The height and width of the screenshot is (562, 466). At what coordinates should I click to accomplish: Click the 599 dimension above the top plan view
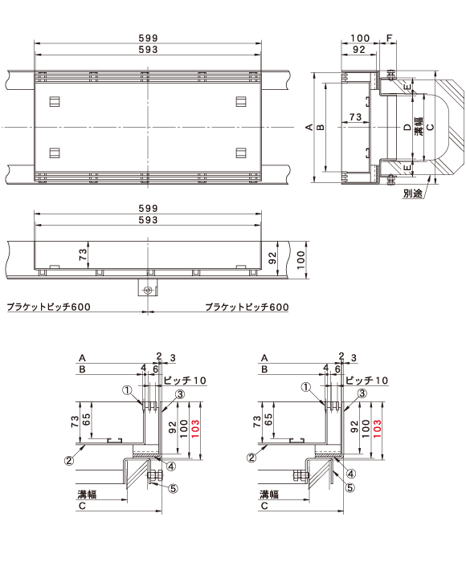click(148, 38)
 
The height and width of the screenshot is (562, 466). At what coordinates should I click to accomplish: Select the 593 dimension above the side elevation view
click(148, 220)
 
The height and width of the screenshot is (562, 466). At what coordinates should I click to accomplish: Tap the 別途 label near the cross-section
click(412, 193)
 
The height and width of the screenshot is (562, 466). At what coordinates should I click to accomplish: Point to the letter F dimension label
click(389, 38)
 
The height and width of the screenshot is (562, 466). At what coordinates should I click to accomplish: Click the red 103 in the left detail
click(195, 429)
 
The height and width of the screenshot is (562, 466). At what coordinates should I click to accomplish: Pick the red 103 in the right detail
click(377, 429)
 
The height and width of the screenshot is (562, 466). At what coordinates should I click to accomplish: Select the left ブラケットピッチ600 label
click(48, 307)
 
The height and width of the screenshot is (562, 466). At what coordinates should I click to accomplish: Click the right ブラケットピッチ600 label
click(247, 307)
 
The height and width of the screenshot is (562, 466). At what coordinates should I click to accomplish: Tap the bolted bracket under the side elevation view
click(148, 289)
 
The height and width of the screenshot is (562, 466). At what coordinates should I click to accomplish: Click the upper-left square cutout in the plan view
click(55, 102)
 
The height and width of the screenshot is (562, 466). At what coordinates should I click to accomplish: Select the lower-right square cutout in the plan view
click(241, 153)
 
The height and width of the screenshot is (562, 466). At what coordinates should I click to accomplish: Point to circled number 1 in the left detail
click(128, 390)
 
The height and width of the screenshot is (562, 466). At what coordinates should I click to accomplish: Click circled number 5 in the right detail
click(350, 488)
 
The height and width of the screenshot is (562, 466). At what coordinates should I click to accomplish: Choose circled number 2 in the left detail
click(69, 459)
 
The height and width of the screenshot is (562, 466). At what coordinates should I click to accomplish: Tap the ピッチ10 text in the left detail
click(185, 381)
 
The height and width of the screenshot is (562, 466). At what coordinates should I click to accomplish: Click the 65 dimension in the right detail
click(268, 419)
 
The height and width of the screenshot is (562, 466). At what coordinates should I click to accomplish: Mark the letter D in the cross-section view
click(407, 127)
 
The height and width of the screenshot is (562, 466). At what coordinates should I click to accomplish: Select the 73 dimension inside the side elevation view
click(83, 255)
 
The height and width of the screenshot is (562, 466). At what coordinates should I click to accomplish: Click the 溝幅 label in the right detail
click(269, 495)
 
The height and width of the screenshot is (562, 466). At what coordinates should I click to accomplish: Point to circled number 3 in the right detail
click(362, 393)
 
